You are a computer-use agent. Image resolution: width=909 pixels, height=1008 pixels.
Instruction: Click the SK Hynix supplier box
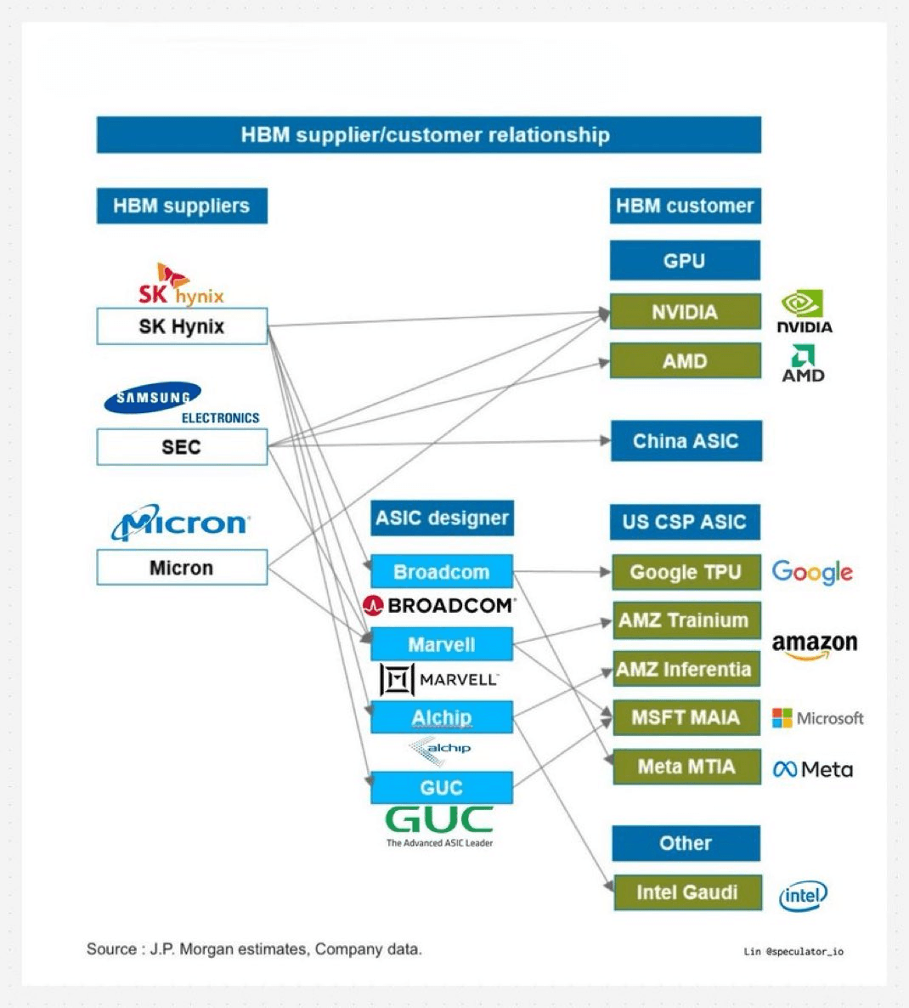coord(182,326)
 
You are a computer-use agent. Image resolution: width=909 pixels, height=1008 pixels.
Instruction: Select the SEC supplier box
coord(182,447)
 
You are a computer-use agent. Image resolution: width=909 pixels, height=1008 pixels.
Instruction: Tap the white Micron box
coord(182,568)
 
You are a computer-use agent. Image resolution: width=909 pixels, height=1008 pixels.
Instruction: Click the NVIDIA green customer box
coord(685,312)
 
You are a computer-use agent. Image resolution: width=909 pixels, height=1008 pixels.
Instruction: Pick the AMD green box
coord(685,361)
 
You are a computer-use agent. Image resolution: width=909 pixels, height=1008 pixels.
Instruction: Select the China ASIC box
coord(686,441)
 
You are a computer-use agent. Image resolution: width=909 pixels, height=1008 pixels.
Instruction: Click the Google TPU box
coord(686,572)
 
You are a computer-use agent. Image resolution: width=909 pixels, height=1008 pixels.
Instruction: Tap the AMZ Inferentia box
coord(685,669)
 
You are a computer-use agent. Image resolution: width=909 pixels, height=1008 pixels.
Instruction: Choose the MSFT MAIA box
coord(686,717)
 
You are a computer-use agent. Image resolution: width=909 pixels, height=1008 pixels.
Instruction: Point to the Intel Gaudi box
coord(686,892)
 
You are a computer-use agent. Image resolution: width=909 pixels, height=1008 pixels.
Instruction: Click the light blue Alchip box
coord(442,717)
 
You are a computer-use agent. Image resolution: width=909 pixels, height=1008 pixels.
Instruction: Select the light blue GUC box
coord(442,788)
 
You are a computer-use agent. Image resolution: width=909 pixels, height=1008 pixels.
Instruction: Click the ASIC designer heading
coord(442,518)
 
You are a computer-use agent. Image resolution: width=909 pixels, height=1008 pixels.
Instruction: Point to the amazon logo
coord(814,646)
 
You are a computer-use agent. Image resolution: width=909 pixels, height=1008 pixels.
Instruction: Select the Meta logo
coord(812,769)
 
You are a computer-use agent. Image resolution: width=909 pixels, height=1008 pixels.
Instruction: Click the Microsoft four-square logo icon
coord(782,718)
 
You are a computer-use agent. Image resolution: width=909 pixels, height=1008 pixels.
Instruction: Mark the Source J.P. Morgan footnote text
coord(254,949)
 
